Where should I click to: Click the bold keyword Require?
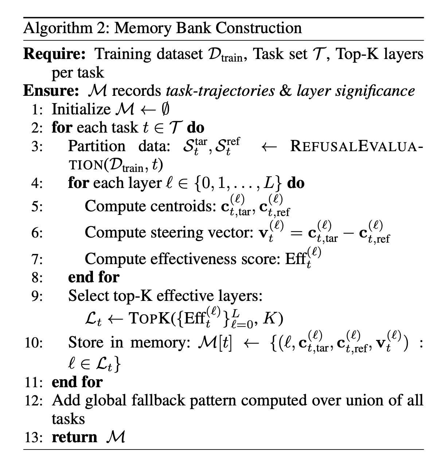tap(54, 54)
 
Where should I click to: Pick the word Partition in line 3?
tap(97, 146)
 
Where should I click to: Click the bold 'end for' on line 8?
tap(94, 277)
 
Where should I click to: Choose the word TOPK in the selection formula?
tap(149, 319)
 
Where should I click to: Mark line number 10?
tap(34, 343)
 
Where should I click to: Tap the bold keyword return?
tap(74, 437)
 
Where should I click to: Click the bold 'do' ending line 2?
tap(195, 127)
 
